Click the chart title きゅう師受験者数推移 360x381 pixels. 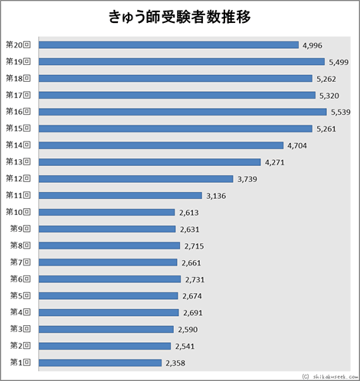tap(180, 18)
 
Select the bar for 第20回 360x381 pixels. tap(168, 44)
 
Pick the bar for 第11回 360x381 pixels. tap(119, 195)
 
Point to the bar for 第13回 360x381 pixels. tap(149, 161)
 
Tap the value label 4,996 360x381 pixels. tap(313, 45)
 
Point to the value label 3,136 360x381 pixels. tap(218, 196)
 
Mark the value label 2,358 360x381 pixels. tap(175, 363)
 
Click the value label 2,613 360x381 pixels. tap(188, 213)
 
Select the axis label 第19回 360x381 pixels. tap(18, 61)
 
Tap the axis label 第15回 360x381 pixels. tap(18, 129)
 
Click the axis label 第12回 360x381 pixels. tap(18, 178)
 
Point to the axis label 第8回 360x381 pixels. tap(20, 246)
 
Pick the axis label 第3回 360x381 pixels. tap(20, 329)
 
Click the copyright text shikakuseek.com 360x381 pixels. tap(328, 376)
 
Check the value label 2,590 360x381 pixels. tap(187, 329)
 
